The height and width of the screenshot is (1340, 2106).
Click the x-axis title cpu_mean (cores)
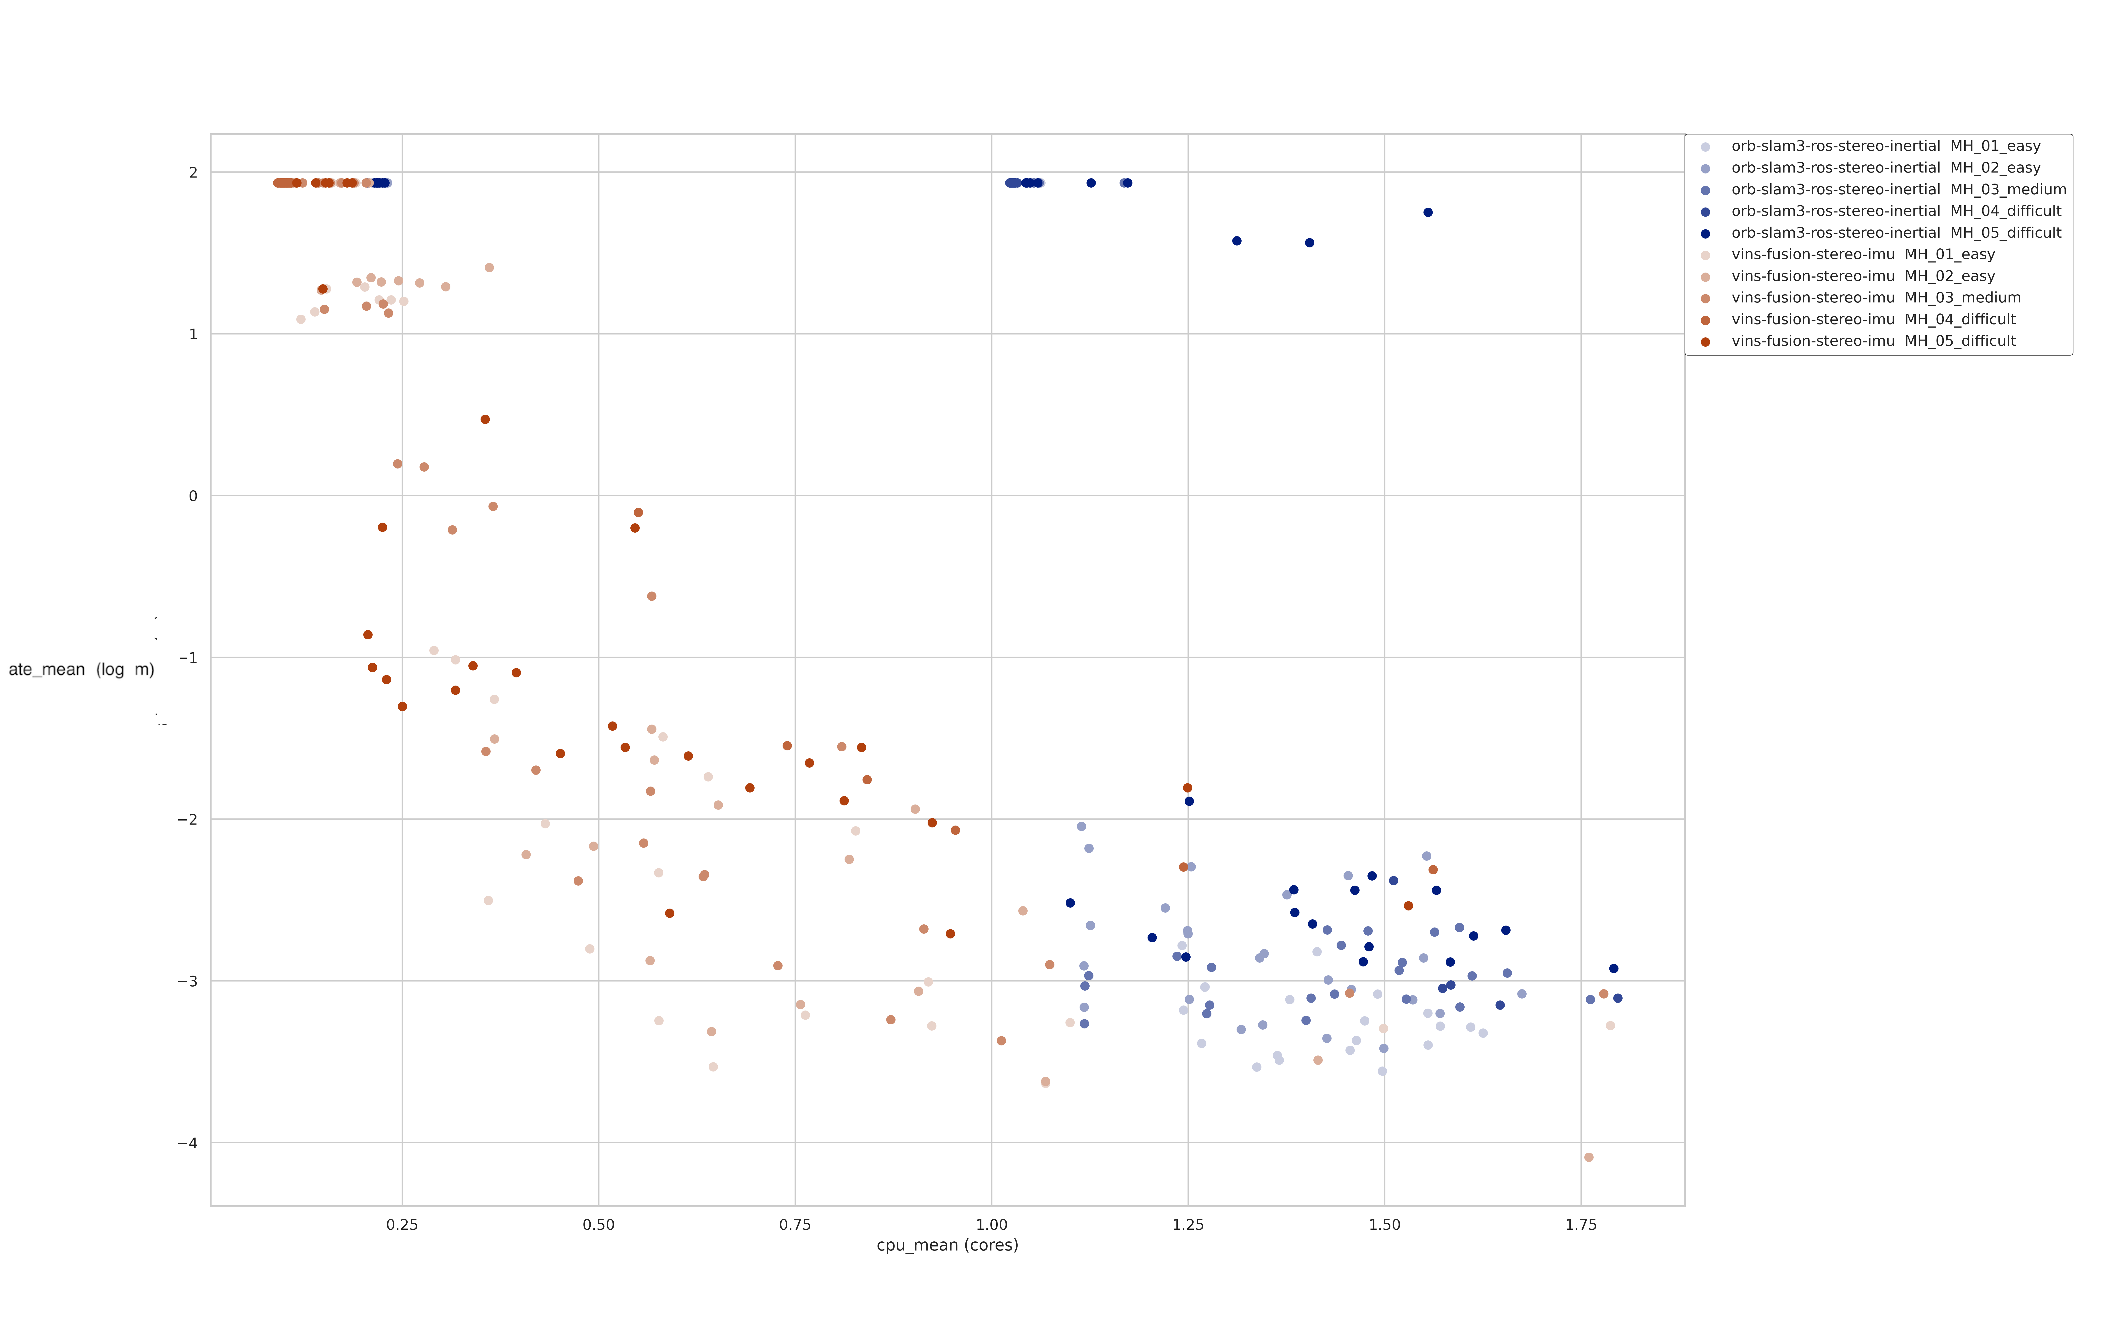click(x=947, y=1245)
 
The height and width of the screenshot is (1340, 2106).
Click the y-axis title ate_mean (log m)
click(x=81, y=670)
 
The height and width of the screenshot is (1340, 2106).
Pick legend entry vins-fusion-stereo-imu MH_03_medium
click(x=1876, y=297)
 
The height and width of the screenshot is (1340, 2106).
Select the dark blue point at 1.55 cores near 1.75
click(x=1427, y=212)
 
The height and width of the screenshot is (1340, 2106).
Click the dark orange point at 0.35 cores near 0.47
click(x=485, y=420)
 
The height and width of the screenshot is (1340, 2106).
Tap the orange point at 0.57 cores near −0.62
click(x=652, y=597)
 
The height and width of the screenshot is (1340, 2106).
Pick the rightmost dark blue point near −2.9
click(x=1614, y=968)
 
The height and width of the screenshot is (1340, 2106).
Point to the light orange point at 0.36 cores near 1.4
click(x=489, y=268)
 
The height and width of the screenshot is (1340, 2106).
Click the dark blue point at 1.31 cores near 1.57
click(x=1237, y=241)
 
